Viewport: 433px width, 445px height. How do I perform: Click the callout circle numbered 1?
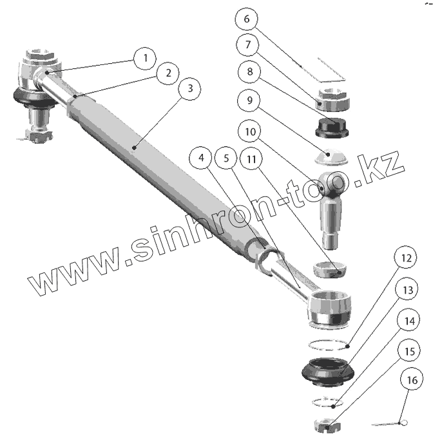point(146,58)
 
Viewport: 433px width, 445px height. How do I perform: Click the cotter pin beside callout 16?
point(389,423)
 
